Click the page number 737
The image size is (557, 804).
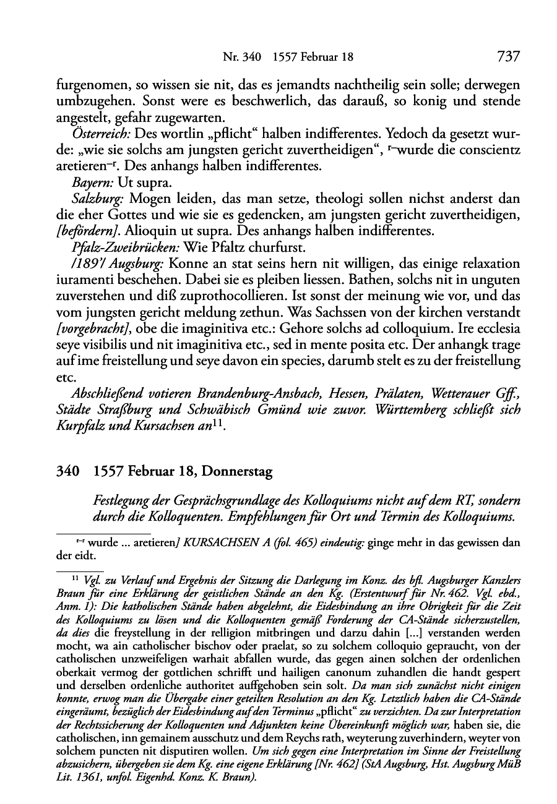(x=507, y=57)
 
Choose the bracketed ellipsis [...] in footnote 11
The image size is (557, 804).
(x=344, y=633)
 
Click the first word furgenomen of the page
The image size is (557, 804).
(x=88, y=83)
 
